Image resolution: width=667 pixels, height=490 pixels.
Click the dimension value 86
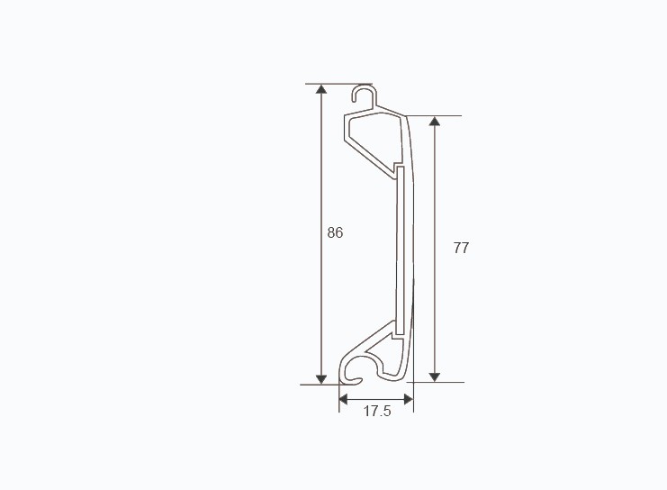click(335, 232)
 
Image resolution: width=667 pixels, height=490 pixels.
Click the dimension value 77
click(461, 248)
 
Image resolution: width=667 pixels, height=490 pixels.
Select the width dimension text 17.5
click(376, 412)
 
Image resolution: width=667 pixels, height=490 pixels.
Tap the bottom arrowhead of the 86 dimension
click(321, 377)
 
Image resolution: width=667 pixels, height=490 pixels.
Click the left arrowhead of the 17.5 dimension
click(344, 397)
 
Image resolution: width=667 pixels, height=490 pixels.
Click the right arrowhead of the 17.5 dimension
click(409, 397)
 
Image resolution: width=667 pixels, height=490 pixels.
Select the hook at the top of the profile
click(363, 94)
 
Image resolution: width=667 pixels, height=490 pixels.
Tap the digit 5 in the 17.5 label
click(386, 412)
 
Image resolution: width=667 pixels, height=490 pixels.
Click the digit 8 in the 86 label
click(331, 232)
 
